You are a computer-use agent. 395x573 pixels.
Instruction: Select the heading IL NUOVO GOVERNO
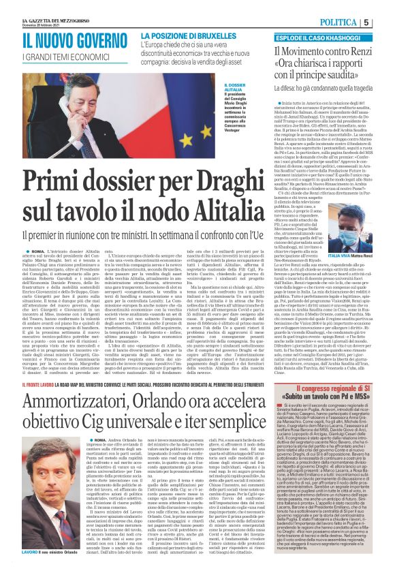[x=65, y=43]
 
